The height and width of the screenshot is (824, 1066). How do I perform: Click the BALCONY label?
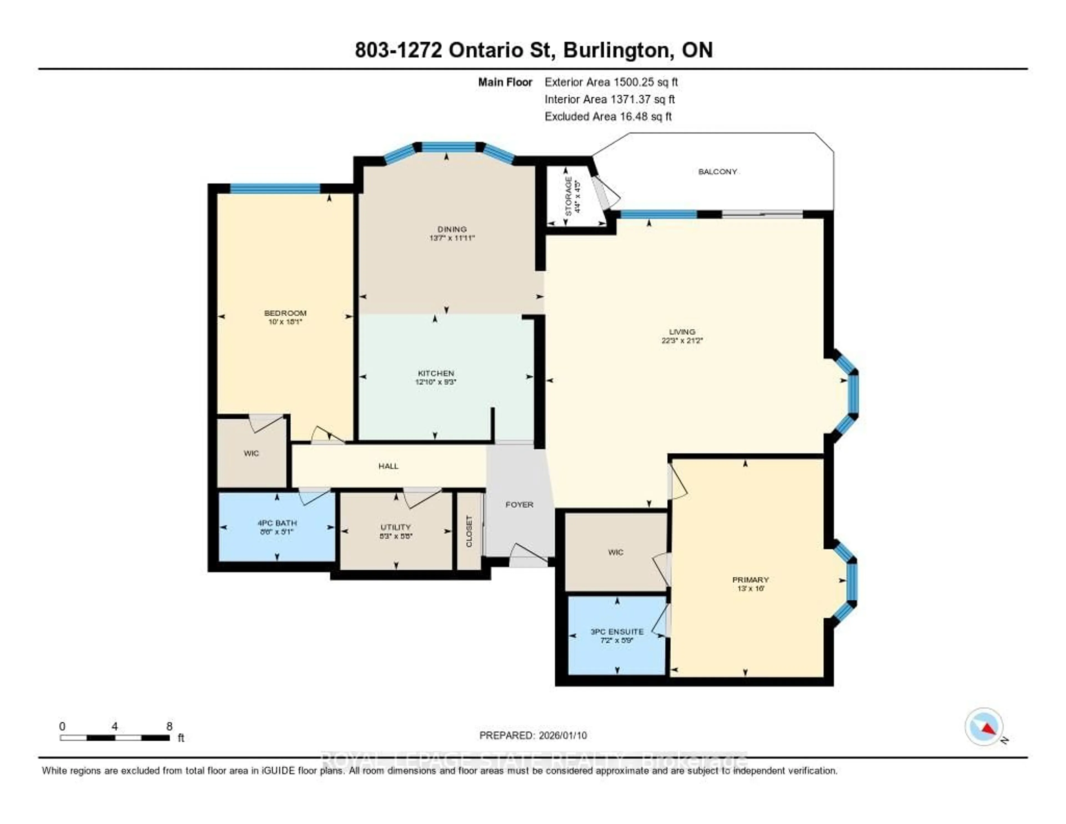coord(717,171)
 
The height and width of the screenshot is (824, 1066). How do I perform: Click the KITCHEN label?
coord(436,373)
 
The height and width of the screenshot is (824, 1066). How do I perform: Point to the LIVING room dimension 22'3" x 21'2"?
coord(682,341)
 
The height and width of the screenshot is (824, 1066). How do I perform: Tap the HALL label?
coord(389,466)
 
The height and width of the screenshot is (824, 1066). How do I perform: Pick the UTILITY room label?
coord(395,527)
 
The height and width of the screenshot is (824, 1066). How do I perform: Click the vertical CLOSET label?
coord(469,531)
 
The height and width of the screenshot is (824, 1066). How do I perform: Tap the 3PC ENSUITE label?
coord(617,631)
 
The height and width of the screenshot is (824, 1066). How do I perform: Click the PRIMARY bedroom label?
coord(750,580)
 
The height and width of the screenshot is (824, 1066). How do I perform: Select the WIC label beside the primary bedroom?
coord(615,552)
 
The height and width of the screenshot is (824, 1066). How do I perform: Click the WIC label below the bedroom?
coord(251,453)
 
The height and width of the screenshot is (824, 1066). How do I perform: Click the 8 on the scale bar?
coord(169,726)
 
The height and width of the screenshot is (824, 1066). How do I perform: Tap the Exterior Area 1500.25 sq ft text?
coord(611,82)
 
